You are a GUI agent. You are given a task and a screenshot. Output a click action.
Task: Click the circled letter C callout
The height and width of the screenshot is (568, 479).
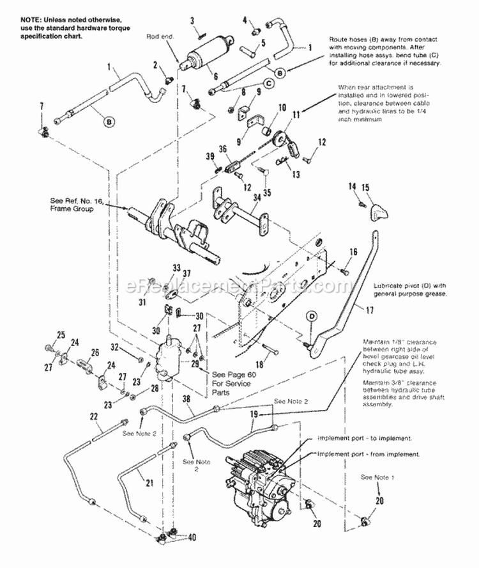click(x=270, y=83)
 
